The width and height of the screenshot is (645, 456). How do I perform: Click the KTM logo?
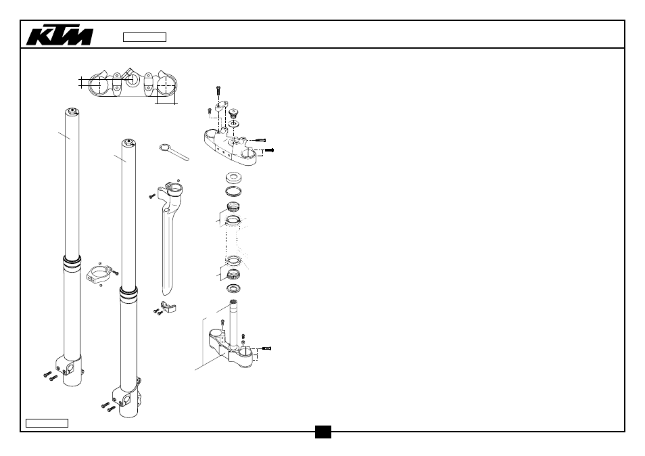point(59,36)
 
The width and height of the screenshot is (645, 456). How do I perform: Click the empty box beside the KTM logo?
point(145,37)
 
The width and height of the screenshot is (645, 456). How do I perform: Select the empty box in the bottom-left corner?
point(47,423)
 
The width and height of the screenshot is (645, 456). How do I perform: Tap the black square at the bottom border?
point(323,432)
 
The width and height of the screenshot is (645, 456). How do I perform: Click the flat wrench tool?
point(174,152)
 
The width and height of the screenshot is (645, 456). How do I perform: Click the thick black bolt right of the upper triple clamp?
point(269,150)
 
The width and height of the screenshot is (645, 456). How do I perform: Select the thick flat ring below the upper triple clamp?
point(234,178)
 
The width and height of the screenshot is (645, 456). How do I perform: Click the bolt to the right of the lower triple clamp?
point(266,348)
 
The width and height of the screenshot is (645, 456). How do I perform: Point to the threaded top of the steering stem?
point(234,304)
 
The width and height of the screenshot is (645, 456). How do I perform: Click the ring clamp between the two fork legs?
point(99,274)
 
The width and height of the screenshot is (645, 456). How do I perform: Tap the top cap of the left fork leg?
point(72,111)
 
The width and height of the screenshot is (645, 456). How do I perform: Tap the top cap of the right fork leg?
point(128,142)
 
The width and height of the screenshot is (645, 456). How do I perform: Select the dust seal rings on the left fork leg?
point(72,263)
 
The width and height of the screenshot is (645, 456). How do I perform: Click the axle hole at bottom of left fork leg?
point(70,367)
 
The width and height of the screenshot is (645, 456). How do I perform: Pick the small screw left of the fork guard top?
point(152,197)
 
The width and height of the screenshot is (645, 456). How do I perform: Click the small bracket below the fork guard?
point(168,306)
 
